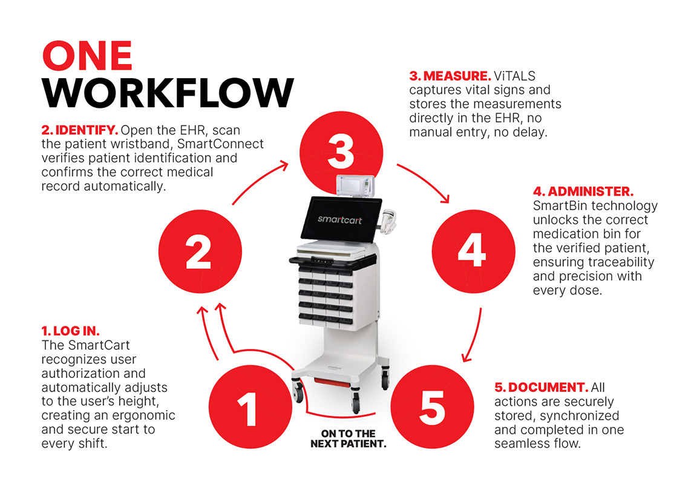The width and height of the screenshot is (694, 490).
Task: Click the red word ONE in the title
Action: tap(87, 56)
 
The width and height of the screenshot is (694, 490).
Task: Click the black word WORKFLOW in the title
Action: tap(168, 93)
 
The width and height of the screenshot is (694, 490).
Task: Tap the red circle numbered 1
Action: tap(250, 406)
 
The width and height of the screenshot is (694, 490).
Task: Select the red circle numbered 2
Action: tap(200, 251)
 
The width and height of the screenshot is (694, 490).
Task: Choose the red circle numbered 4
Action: tap(474, 251)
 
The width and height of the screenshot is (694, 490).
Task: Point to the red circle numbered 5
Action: tap(432, 406)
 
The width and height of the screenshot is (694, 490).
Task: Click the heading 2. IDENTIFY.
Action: tap(80, 130)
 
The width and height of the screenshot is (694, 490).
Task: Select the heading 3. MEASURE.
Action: tap(450, 76)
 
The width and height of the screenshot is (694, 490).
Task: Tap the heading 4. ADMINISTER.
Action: tap(583, 191)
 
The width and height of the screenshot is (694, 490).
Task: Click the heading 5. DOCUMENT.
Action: tap(542, 387)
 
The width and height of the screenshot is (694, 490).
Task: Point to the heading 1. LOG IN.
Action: tap(70, 331)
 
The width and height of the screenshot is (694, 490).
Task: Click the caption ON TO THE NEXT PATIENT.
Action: tap(349, 439)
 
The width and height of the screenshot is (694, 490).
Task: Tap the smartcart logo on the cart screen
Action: tap(339, 219)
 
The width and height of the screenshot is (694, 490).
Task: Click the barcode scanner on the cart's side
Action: tap(388, 221)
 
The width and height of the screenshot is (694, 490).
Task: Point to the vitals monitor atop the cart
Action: tap(355, 185)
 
